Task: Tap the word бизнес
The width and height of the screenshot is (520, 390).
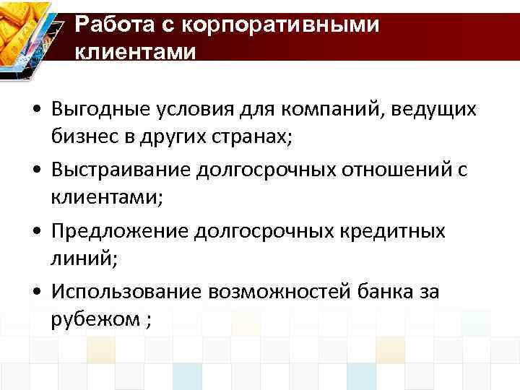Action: [x=82, y=138]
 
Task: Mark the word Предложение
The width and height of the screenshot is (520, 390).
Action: [x=120, y=231]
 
